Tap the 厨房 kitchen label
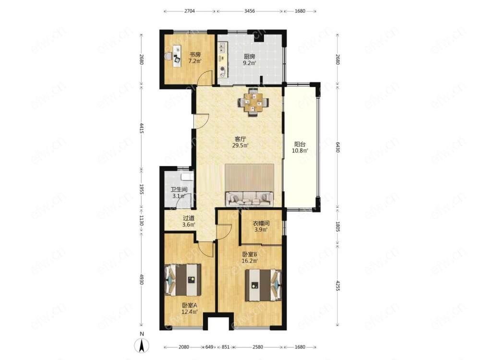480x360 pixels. pyautogui.click(x=250, y=57)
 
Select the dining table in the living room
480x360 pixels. pyautogui.click(x=253, y=102)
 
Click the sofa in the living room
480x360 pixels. pyautogui.click(x=249, y=199)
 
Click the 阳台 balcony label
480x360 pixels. pyautogui.click(x=300, y=144)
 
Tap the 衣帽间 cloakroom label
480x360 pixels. pyautogui.click(x=261, y=224)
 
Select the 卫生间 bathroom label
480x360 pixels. pyautogui.click(x=179, y=190)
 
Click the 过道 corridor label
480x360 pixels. pyautogui.click(x=189, y=218)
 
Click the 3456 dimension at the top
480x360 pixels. pyautogui.click(x=250, y=12)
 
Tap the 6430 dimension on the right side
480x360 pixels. pyautogui.click(x=337, y=147)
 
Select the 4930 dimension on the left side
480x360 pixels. pyautogui.click(x=142, y=279)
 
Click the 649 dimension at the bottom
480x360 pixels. pyautogui.click(x=209, y=347)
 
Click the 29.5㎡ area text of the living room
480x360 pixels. pyautogui.click(x=240, y=145)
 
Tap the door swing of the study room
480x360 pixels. pyautogui.click(x=204, y=77)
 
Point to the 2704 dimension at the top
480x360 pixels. pyautogui.click(x=189, y=12)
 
